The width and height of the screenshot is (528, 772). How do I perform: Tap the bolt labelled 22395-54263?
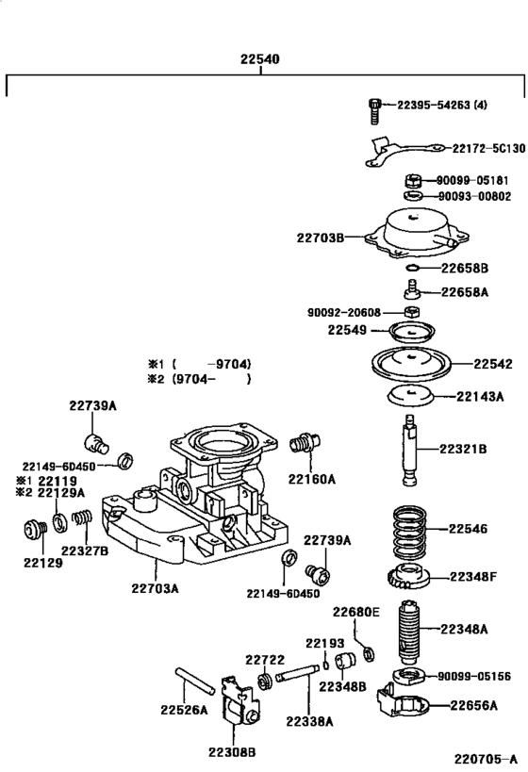(x=374, y=110)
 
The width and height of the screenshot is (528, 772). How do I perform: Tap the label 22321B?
(x=461, y=449)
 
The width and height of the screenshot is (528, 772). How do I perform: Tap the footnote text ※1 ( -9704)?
(x=199, y=364)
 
